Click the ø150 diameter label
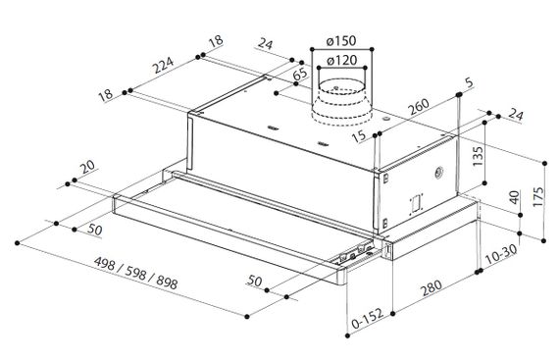341,41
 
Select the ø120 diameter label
341,61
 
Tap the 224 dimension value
163,65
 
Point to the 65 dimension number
300,75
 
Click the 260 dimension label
419,106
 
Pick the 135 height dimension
478,156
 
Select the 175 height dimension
538,196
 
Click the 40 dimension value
514,197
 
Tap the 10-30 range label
501,254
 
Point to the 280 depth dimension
432,287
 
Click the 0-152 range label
367,318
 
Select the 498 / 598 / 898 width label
135,273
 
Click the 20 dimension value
87,167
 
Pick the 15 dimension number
358,135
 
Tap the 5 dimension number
469,82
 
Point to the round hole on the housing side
438,173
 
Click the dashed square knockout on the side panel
415,205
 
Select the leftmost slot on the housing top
273,127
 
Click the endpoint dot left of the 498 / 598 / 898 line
17,243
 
